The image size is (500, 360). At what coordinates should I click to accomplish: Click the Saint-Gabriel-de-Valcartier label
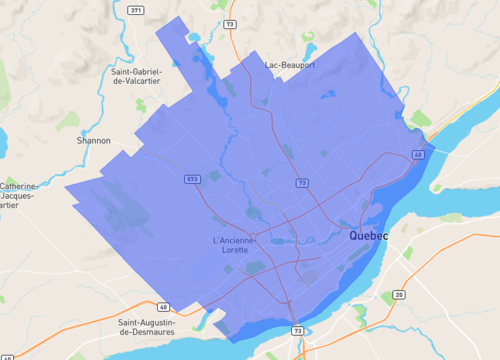(x=144, y=77)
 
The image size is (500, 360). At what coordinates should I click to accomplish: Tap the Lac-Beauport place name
(x=290, y=65)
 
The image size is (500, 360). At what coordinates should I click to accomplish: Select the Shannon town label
(x=94, y=141)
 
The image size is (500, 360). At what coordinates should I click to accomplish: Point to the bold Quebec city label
(x=368, y=236)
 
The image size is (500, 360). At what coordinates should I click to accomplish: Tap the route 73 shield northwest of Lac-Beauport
(x=232, y=22)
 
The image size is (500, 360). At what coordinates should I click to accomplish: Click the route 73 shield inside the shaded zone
(x=301, y=183)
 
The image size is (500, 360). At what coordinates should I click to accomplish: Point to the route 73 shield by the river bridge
(x=297, y=329)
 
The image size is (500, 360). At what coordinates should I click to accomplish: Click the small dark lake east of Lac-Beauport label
(x=326, y=96)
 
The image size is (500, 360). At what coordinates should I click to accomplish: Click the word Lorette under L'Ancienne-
(x=235, y=250)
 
